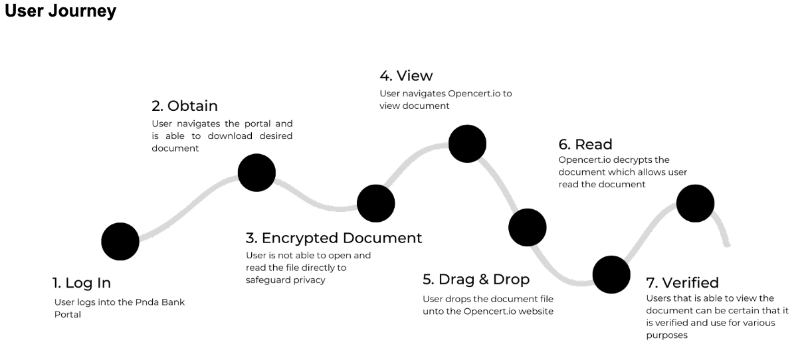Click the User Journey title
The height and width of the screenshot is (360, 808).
[60, 13]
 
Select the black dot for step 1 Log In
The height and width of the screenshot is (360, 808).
[120, 240]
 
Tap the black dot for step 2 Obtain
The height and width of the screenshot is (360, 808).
[256, 172]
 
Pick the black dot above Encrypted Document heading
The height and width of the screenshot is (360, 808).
[376, 203]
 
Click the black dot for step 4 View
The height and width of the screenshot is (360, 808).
[467, 142]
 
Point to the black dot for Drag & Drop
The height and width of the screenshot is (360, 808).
[528, 228]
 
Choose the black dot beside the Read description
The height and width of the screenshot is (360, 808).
[695, 203]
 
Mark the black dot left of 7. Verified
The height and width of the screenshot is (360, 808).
[611, 274]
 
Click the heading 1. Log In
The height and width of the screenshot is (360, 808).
[82, 283]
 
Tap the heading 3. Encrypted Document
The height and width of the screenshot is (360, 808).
[334, 238]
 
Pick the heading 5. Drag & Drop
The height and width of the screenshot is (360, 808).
[476, 279]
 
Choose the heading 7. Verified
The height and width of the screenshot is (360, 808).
[682, 282]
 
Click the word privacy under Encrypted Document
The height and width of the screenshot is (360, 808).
[311, 280]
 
